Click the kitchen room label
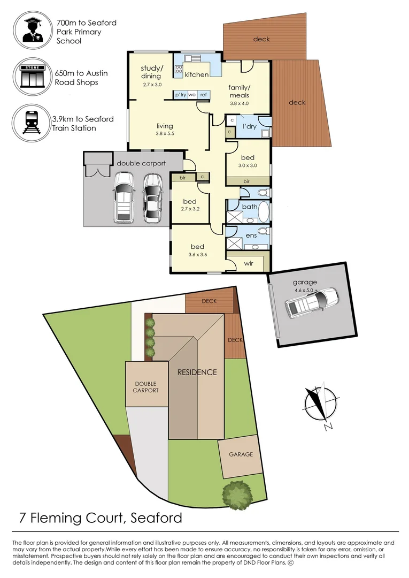197,74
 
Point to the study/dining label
151,72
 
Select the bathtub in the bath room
264,211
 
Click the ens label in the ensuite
250,235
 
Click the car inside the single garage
311,302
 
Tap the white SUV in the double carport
123,196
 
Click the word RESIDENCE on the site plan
197,372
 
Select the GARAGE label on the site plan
241,454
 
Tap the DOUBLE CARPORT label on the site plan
146,387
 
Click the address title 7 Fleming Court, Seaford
100,518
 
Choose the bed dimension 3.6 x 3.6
198,254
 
